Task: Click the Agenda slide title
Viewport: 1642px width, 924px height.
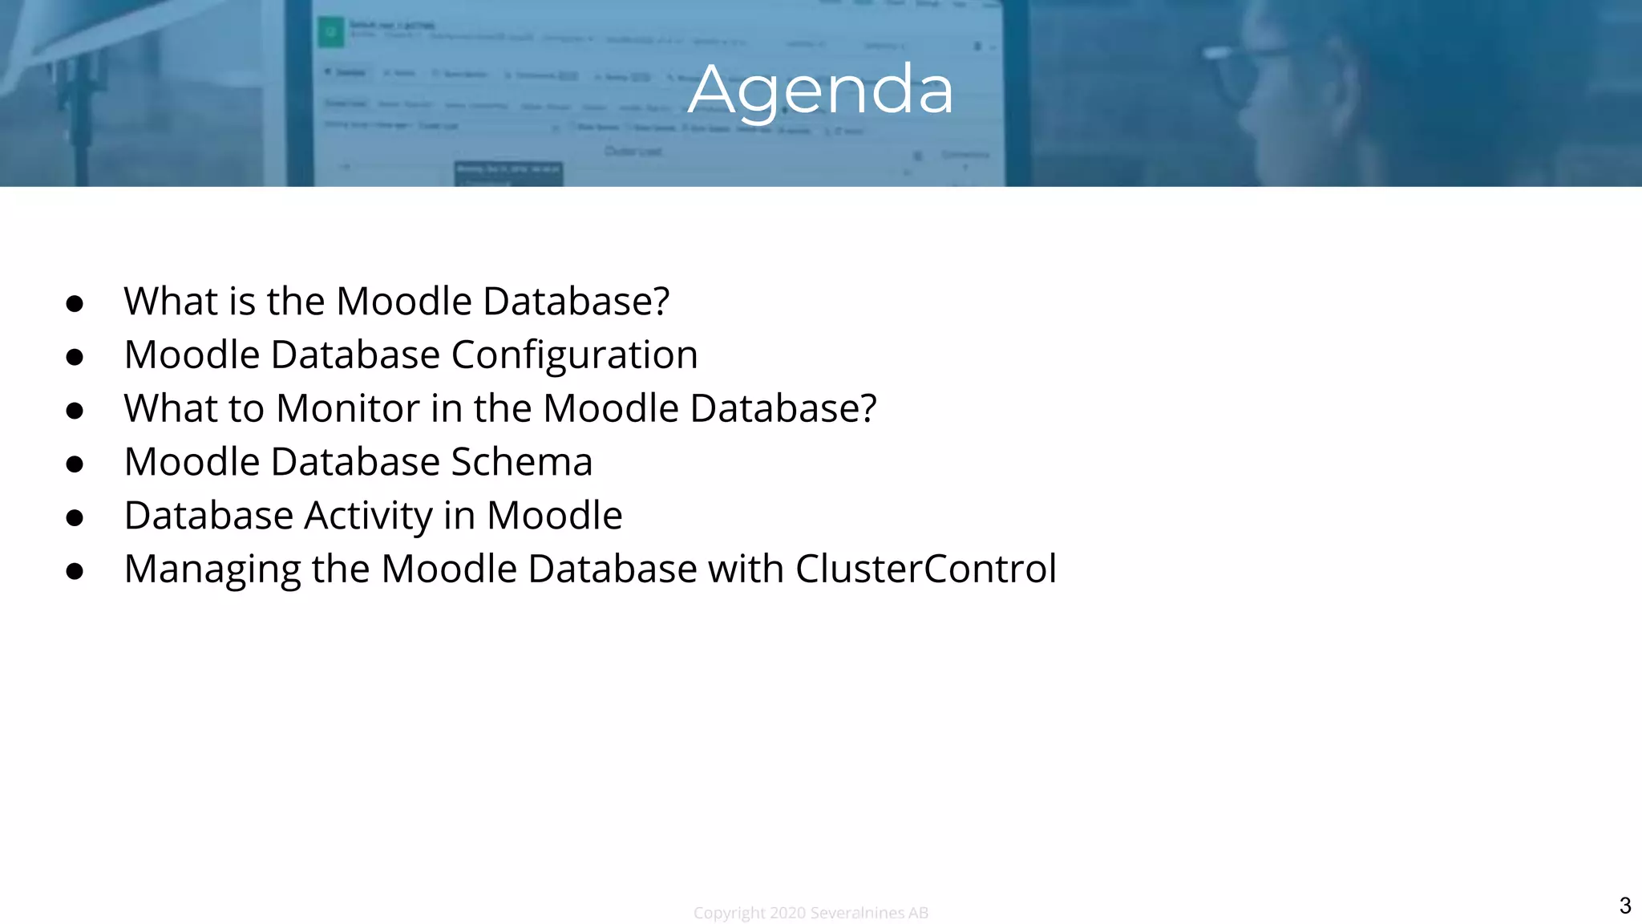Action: coord(820,90)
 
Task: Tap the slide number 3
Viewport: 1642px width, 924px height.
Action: coord(1624,906)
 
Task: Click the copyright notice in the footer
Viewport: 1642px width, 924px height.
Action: coord(811,913)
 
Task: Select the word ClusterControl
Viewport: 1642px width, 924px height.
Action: coord(926,569)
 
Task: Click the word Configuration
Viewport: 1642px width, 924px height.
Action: coord(574,355)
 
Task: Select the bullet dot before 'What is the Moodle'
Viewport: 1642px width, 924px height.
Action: coord(75,303)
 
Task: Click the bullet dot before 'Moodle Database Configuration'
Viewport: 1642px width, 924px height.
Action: coord(75,357)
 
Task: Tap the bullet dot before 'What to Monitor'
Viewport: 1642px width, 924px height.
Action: coord(75,411)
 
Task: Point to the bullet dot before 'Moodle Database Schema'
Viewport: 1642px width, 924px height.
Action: coord(75,464)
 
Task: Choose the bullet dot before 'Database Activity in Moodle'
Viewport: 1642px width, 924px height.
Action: coord(75,518)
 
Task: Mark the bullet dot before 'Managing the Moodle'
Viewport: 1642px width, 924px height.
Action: coord(75,571)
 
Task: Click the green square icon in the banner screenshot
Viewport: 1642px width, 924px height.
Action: coord(330,32)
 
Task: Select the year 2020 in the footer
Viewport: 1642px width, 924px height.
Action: coord(787,913)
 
